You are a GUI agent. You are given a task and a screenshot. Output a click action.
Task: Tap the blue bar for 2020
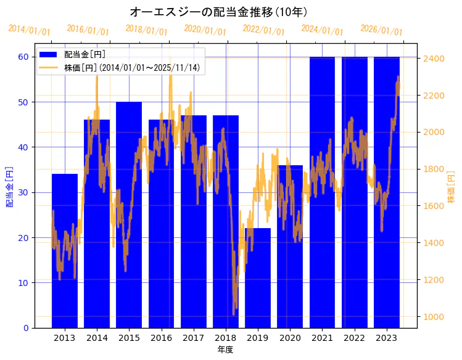point(290,247)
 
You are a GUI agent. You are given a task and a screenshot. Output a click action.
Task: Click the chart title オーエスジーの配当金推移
point(219,12)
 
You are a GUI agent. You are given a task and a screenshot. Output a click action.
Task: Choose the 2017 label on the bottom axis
point(193,338)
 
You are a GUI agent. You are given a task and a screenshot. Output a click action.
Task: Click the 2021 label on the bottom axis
point(322,338)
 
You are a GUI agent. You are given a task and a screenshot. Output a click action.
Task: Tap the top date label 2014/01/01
point(29,30)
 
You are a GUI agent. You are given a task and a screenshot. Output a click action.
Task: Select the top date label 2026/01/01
point(381,30)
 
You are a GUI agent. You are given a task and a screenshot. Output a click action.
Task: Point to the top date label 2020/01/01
point(205,30)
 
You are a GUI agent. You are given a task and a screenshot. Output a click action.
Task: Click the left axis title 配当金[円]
point(10,186)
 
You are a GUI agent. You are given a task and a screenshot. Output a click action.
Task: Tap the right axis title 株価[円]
point(451,188)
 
